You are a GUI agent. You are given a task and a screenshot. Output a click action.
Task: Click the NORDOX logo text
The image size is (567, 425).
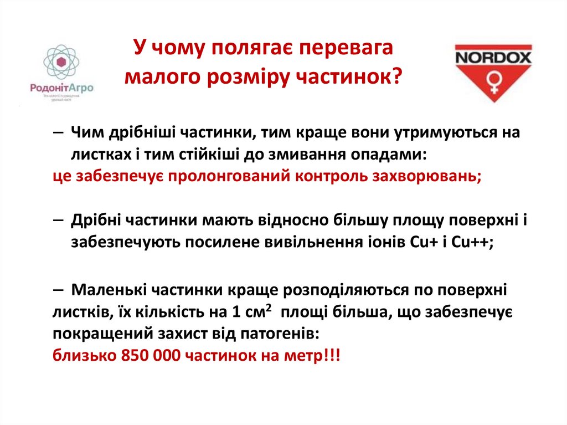pyautogui.click(x=493, y=57)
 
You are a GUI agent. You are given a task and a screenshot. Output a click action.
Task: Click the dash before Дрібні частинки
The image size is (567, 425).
pyautogui.click(x=60, y=220)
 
